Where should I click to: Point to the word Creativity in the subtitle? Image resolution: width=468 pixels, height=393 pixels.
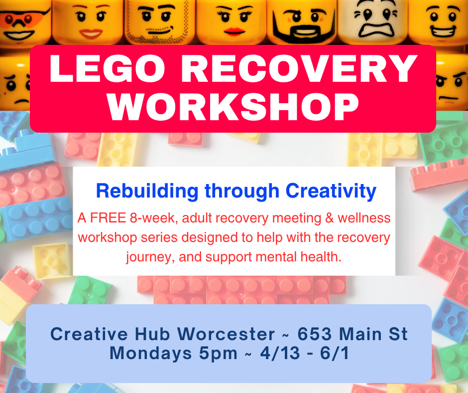pos(331,191)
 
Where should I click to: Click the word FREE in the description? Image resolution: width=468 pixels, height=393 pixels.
pos(105,218)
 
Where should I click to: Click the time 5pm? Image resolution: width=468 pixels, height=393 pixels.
pos(215,354)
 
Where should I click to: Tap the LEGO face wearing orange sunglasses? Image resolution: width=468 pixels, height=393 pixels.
pos(22,20)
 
